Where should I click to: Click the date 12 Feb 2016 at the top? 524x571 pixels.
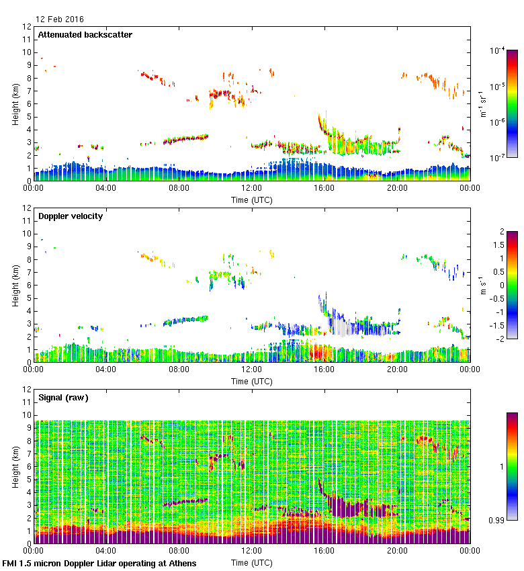[x=60, y=19]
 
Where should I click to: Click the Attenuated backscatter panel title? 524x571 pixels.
[x=85, y=35]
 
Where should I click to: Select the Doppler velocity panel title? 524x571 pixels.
[x=70, y=216]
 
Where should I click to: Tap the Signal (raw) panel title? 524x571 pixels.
[x=63, y=398]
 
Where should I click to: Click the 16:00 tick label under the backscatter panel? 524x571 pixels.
[x=324, y=189]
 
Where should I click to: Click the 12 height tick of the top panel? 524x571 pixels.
[x=28, y=27]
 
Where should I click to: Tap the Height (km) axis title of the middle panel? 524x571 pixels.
[x=15, y=285]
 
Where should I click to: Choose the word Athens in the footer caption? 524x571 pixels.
[x=183, y=564]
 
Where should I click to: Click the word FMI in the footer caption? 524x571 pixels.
[x=10, y=564]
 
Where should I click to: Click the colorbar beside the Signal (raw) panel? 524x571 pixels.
[x=512, y=466]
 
